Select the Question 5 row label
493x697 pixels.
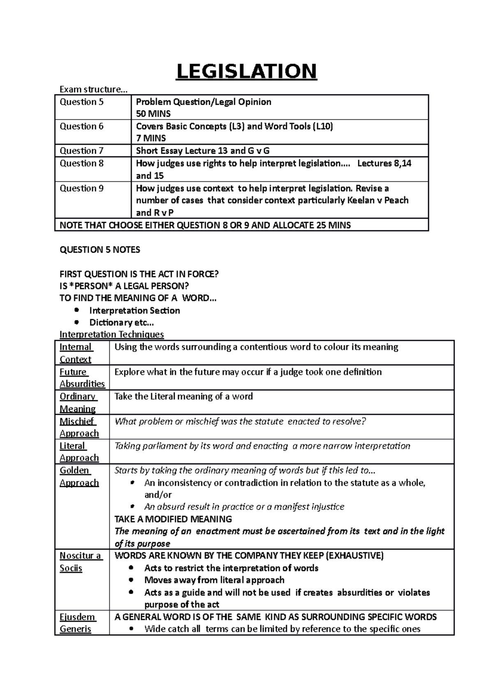tap(81, 102)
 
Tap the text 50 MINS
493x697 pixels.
tap(153, 114)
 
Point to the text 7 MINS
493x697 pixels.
tap(151, 138)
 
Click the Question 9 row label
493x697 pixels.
tap(81, 188)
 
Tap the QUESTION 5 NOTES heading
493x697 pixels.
tap(100, 250)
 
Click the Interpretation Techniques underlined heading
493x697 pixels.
tap(112, 335)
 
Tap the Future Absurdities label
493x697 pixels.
tap(82, 378)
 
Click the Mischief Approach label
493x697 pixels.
tap(79, 427)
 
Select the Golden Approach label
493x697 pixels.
tap(79, 476)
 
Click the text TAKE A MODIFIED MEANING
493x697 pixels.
tap(173, 519)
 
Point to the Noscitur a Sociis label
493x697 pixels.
tap(80, 562)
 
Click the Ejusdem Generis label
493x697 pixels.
tap(77, 623)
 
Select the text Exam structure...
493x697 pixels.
tap(94, 89)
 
